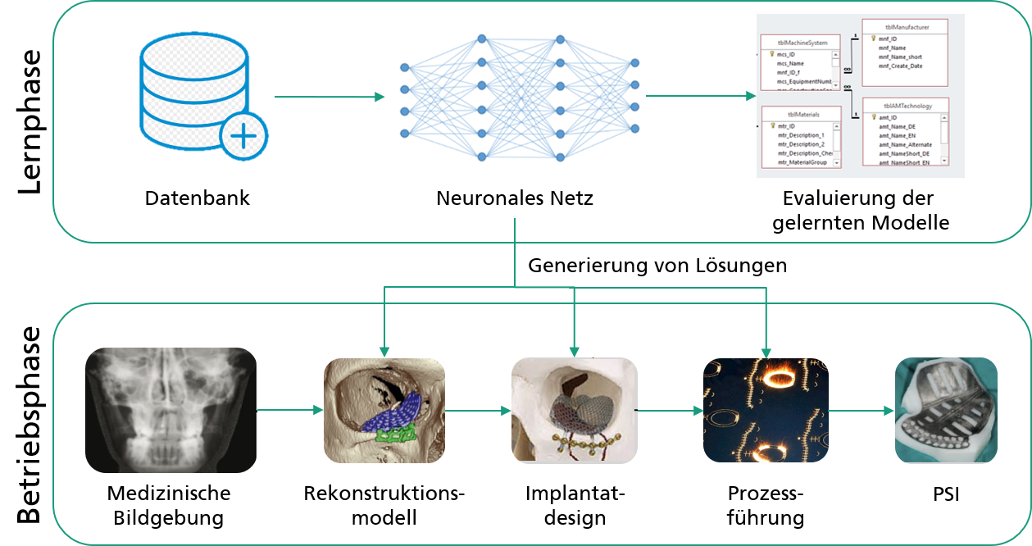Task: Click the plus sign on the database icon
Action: (243, 134)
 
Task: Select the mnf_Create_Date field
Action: (900, 66)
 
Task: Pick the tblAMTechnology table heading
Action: (907, 106)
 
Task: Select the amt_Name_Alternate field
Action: (905, 144)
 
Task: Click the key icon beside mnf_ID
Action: (874, 38)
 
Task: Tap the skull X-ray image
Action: (170, 410)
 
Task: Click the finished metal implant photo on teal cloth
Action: (946, 410)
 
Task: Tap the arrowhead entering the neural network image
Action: (380, 98)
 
